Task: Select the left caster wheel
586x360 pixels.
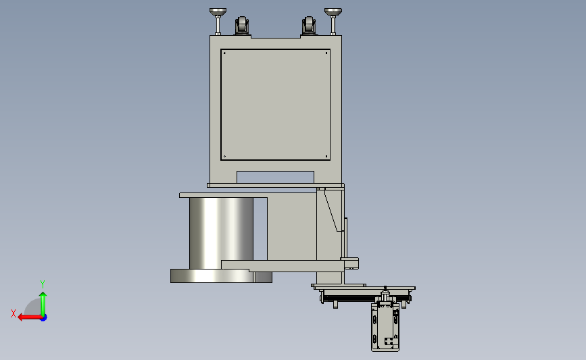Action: [x=242, y=26]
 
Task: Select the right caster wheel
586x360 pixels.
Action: [x=309, y=26]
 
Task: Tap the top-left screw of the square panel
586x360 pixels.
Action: [x=224, y=53]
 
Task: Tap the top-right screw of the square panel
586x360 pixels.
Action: [x=326, y=53]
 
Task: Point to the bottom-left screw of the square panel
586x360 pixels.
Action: [x=224, y=157]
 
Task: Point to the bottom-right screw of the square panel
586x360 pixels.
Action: [x=326, y=157]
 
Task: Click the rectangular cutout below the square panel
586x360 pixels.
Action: [x=276, y=177]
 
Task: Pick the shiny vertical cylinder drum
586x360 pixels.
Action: [x=221, y=233]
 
